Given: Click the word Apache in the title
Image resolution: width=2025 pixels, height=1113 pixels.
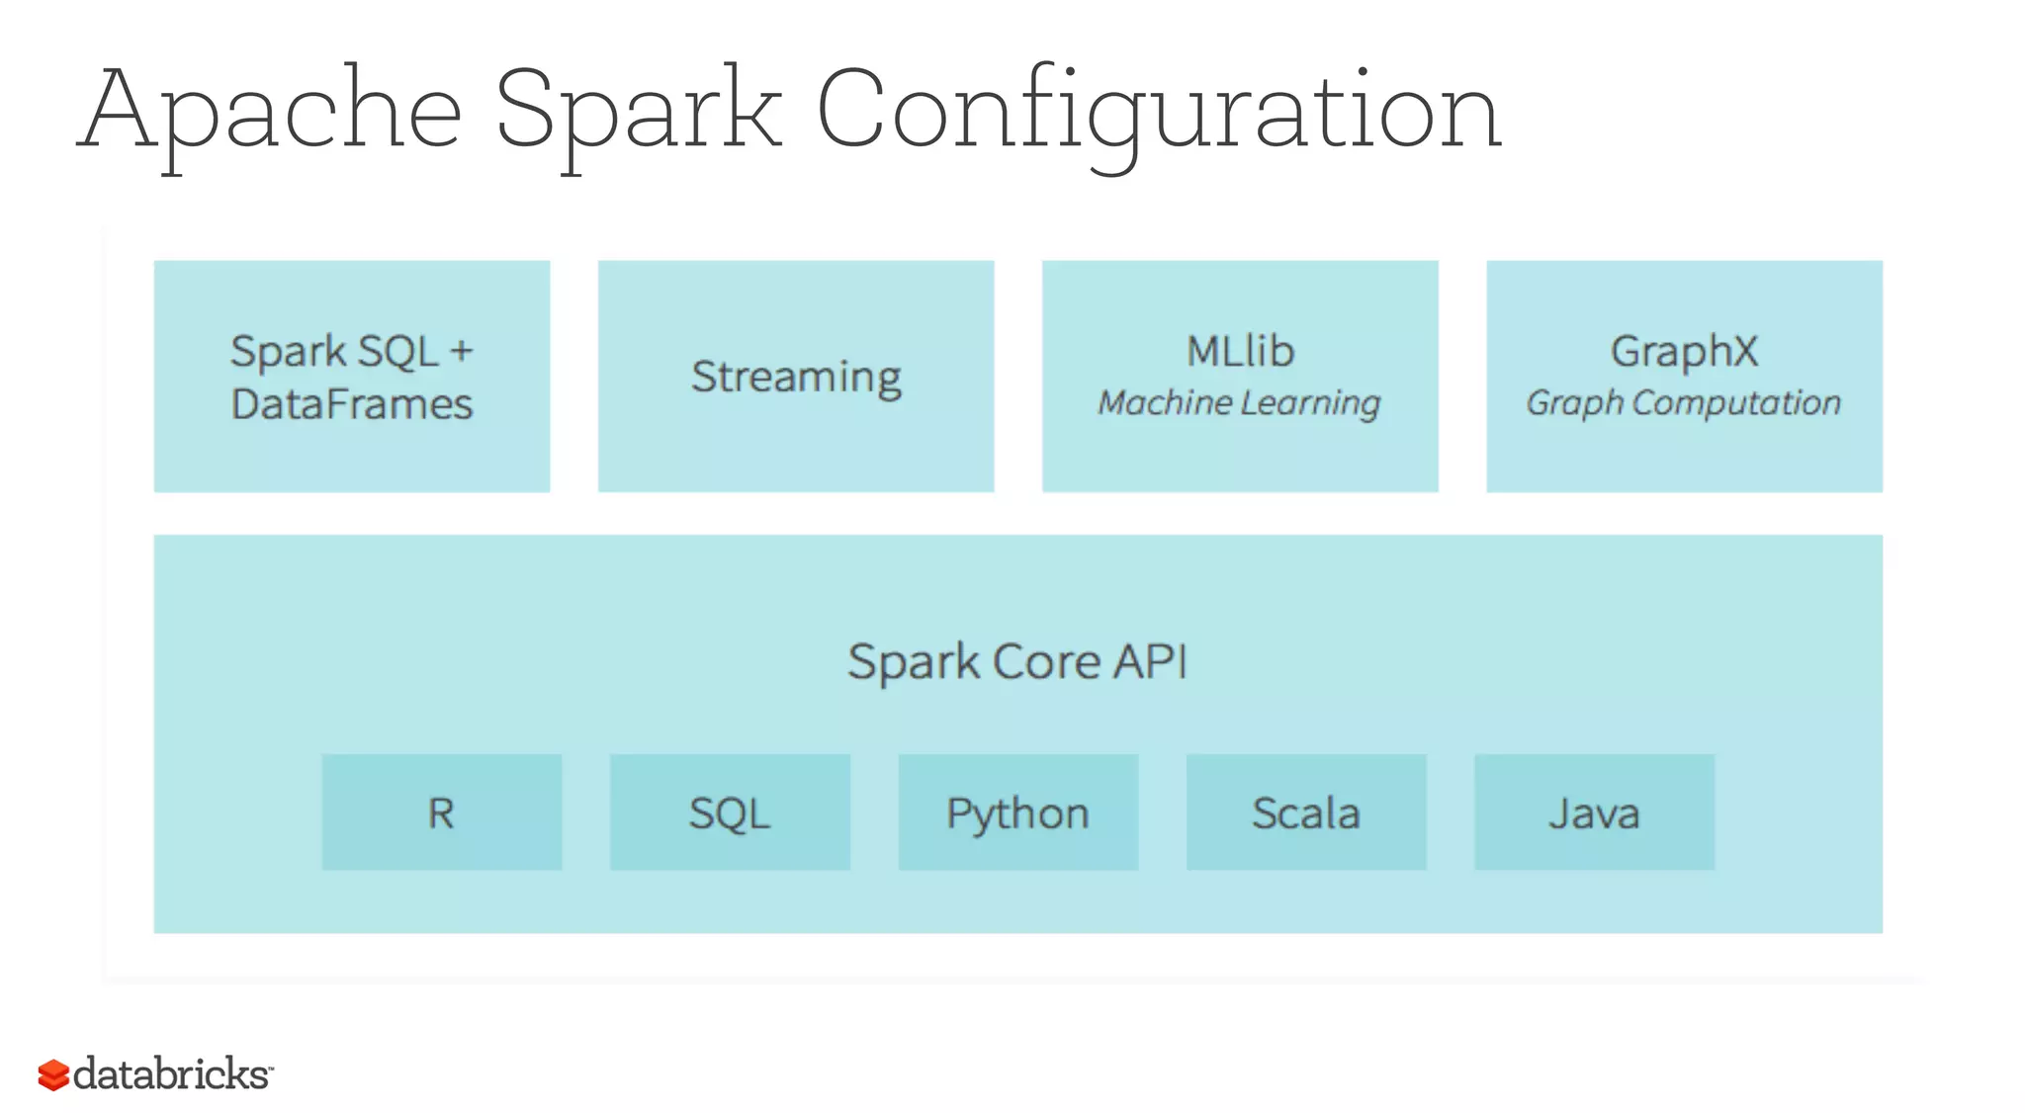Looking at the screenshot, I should point(269,111).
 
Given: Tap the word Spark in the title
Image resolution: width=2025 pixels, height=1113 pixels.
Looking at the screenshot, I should point(638,111).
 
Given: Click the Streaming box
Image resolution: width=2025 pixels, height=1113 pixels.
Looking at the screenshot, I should point(796,377).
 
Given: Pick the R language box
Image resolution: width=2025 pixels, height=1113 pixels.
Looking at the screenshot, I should point(441,813).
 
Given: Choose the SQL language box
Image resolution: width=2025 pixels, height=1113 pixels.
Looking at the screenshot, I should point(730,813).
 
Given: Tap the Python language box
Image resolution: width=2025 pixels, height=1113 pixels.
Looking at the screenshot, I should point(1017,813).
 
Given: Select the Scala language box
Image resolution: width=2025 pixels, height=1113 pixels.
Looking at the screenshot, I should point(1305,813).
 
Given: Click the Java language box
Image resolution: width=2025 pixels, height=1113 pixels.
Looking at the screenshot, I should point(1594,813).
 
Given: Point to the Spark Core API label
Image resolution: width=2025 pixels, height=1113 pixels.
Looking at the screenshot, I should point(1016,661).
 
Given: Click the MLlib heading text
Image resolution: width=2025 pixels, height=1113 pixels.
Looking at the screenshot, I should point(1240,351).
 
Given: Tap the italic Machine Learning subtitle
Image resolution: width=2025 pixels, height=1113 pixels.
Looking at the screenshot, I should point(1239,402).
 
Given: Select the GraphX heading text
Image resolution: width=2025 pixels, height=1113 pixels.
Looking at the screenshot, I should point(1684,351).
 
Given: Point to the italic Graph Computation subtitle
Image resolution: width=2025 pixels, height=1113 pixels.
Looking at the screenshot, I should point(1683,402).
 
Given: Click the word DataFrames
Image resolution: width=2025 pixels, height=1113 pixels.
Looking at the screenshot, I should point(352,404).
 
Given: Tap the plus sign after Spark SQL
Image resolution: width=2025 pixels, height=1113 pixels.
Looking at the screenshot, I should point(462,352).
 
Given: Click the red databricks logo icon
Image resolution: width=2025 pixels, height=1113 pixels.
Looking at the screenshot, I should point(53,1074).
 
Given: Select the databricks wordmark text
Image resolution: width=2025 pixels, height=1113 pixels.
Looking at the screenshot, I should point(171,1073).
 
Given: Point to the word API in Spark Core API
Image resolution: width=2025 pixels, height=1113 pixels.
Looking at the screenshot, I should point(1150,661).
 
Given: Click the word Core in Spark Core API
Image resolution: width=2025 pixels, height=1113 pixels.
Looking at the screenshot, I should point(1046,661).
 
